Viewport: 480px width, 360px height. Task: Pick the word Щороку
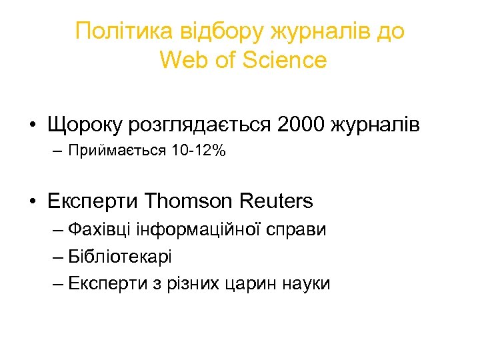coord(85,125)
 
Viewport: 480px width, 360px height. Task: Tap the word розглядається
coord(198,125)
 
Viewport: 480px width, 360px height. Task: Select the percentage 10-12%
coord(199,152)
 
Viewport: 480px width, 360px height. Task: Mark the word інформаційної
coord(194,231)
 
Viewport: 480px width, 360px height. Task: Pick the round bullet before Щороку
coord(32,125)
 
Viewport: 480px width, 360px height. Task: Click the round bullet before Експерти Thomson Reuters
coord(32,201)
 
